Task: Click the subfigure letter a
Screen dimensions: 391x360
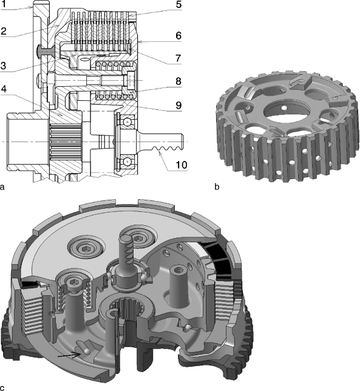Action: (4, 188)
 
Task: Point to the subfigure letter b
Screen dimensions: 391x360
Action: (217, 188)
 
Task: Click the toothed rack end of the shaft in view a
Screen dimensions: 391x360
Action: (168, 146)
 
